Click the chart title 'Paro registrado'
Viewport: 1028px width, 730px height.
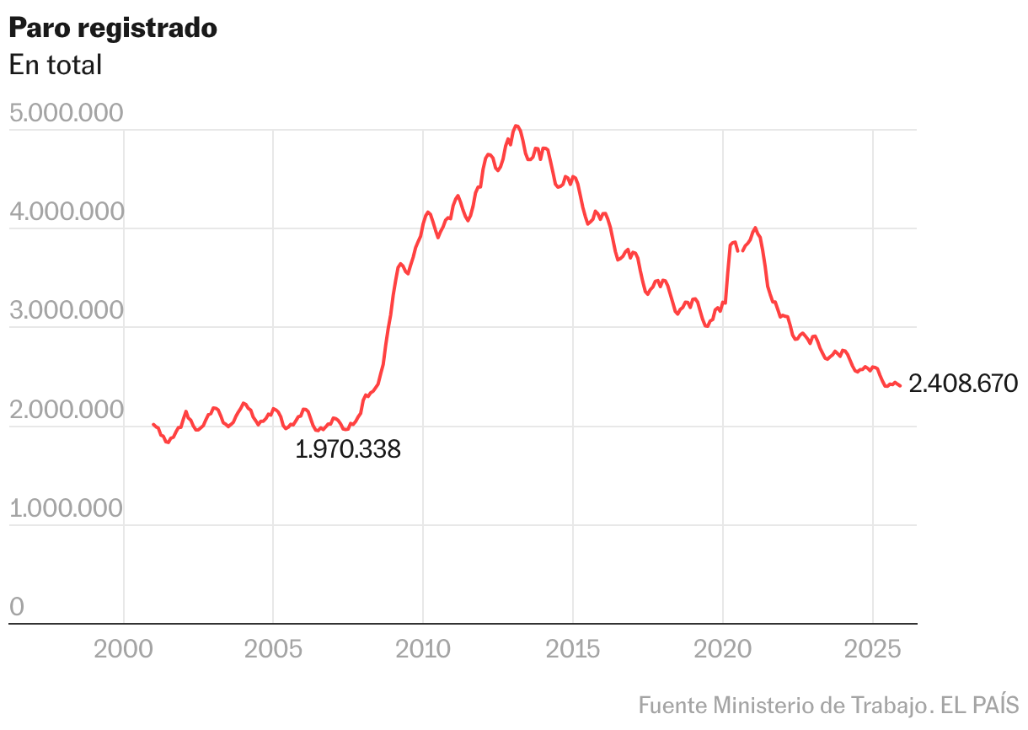113,28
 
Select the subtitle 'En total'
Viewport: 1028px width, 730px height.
56,65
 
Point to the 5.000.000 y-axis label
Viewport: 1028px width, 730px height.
66,114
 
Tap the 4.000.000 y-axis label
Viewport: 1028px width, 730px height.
66,212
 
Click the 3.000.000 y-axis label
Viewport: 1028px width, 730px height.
66,311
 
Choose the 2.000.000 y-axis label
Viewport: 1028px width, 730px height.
66,411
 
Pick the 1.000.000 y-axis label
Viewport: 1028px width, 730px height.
66,509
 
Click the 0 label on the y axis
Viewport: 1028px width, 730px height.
17,608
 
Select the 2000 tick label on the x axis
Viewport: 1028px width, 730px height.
124,650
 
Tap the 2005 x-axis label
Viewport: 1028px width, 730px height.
273,650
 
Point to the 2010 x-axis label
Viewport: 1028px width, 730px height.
423,650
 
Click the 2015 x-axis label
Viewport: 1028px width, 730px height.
573,650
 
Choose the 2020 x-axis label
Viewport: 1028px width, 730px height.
722,650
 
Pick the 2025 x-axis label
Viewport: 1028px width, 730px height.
872,650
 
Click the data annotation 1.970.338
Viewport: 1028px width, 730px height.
348,450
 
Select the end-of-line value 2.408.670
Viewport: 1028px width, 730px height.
964,384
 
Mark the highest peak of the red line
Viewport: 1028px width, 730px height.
517,126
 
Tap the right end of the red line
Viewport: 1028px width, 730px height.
900,386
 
